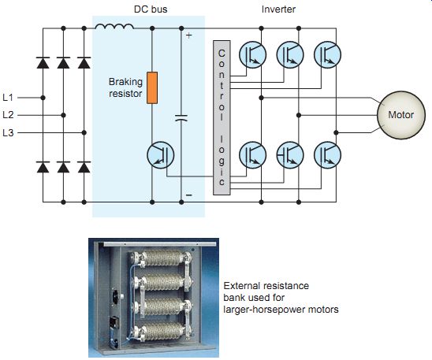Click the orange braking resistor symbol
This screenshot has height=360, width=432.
(152, 87)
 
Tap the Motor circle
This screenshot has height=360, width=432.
(401, 115)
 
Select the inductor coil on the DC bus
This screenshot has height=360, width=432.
(114, 26)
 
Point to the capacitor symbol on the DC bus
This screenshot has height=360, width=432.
(181, 118)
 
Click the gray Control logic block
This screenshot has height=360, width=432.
(222, 118)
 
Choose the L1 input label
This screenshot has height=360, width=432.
(8, 98)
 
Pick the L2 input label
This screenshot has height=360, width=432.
(8, 115)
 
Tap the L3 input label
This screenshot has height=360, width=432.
(8, 132)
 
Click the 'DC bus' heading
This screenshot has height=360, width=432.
(151, 9)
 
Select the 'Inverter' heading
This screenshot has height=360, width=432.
(278, 9)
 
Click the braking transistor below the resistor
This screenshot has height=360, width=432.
(161, 155)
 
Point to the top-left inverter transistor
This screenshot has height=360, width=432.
(252, 54)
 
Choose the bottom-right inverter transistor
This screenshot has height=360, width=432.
(327, 155)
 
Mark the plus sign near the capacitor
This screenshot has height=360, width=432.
(188, 35)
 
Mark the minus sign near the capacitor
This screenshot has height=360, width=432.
(189, 195)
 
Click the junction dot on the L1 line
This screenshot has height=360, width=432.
(43, 98)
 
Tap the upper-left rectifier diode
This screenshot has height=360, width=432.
(43, 63)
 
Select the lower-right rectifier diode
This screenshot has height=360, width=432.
(84, 167)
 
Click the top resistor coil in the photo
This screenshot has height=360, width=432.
(162, 258)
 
